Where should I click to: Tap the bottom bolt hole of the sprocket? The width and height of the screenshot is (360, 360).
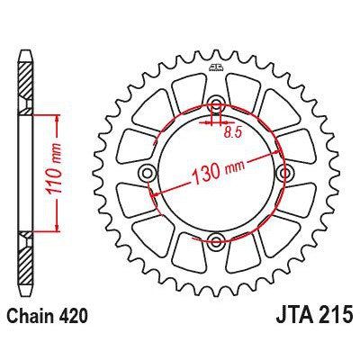pyautogui.click(x=217, y=239)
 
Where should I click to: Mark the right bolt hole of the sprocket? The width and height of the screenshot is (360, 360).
pyautogui.click(x=284, y=172)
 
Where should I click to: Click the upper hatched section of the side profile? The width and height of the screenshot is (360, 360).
pyautogui.click(x=25, y=85)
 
